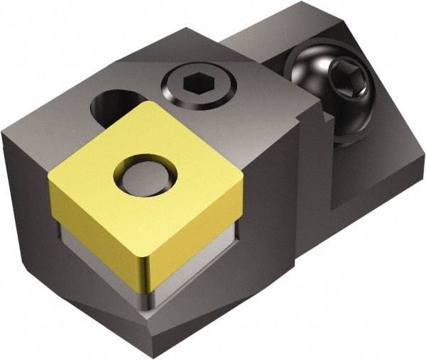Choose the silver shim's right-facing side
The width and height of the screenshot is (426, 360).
199,263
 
